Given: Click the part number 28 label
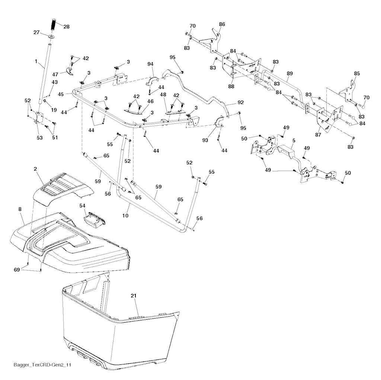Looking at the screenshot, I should point(67,26).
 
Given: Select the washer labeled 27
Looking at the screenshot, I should point(51,37).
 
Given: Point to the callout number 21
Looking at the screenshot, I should point(134,295).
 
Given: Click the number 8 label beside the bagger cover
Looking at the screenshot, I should point(20,210).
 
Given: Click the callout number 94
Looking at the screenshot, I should point(150,64).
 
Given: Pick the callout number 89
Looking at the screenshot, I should point(289,74).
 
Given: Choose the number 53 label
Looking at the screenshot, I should point(39,138).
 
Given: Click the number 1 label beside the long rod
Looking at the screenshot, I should point(36,61).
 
